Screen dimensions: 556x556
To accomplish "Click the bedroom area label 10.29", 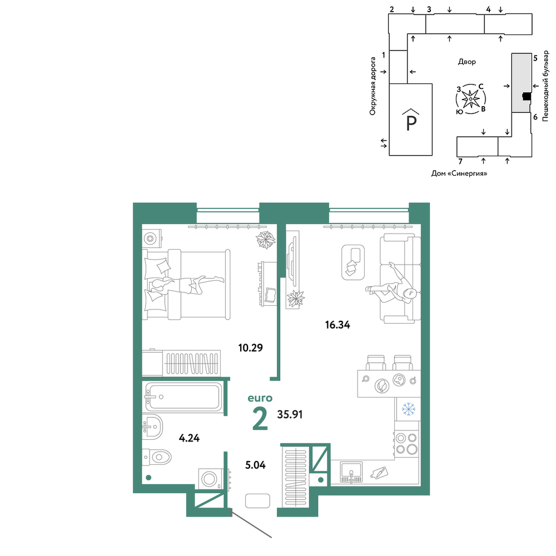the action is [x=250, y=348].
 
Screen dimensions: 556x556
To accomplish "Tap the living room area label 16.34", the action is [x=337, y=325].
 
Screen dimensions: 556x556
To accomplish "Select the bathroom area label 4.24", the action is [x=190, y=438].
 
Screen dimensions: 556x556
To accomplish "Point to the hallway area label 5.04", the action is [x=255, y=464].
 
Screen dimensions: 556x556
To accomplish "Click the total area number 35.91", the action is [x=290, y=414].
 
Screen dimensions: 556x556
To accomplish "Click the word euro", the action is [x=260, y=398].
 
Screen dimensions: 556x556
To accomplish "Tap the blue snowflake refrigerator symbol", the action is [x=409, y=409].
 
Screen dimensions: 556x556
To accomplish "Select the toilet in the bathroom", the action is [x=157, y=457].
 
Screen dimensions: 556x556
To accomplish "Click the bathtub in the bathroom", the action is [x=183, y=396].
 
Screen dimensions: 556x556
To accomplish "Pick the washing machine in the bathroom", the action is [x=211, y=479].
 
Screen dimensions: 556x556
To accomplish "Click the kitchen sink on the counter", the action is [x=351, y=472].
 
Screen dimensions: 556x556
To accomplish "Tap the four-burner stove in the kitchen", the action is [x=407, y=443].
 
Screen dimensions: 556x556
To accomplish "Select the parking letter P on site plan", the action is [x=411, y=123].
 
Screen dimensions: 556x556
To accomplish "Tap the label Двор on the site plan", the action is [x=467, y=62].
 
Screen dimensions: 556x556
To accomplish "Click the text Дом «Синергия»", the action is [x=459, y=173].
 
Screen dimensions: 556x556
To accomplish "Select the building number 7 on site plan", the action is [x=460, y=162].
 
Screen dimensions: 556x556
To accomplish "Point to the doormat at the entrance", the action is [x=258, y=501].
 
